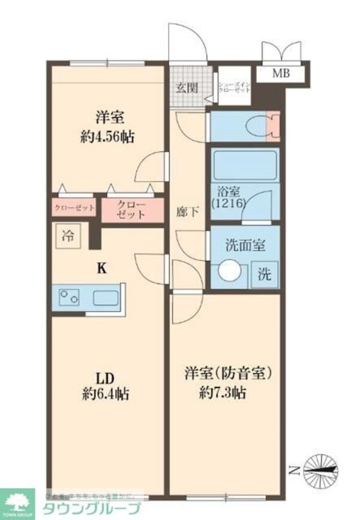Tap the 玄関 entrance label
[x=187, y=88]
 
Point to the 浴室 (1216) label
[x=227, y=198]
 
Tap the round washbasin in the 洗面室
[x=229, y=272]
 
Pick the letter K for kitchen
[x=103, y=268]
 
